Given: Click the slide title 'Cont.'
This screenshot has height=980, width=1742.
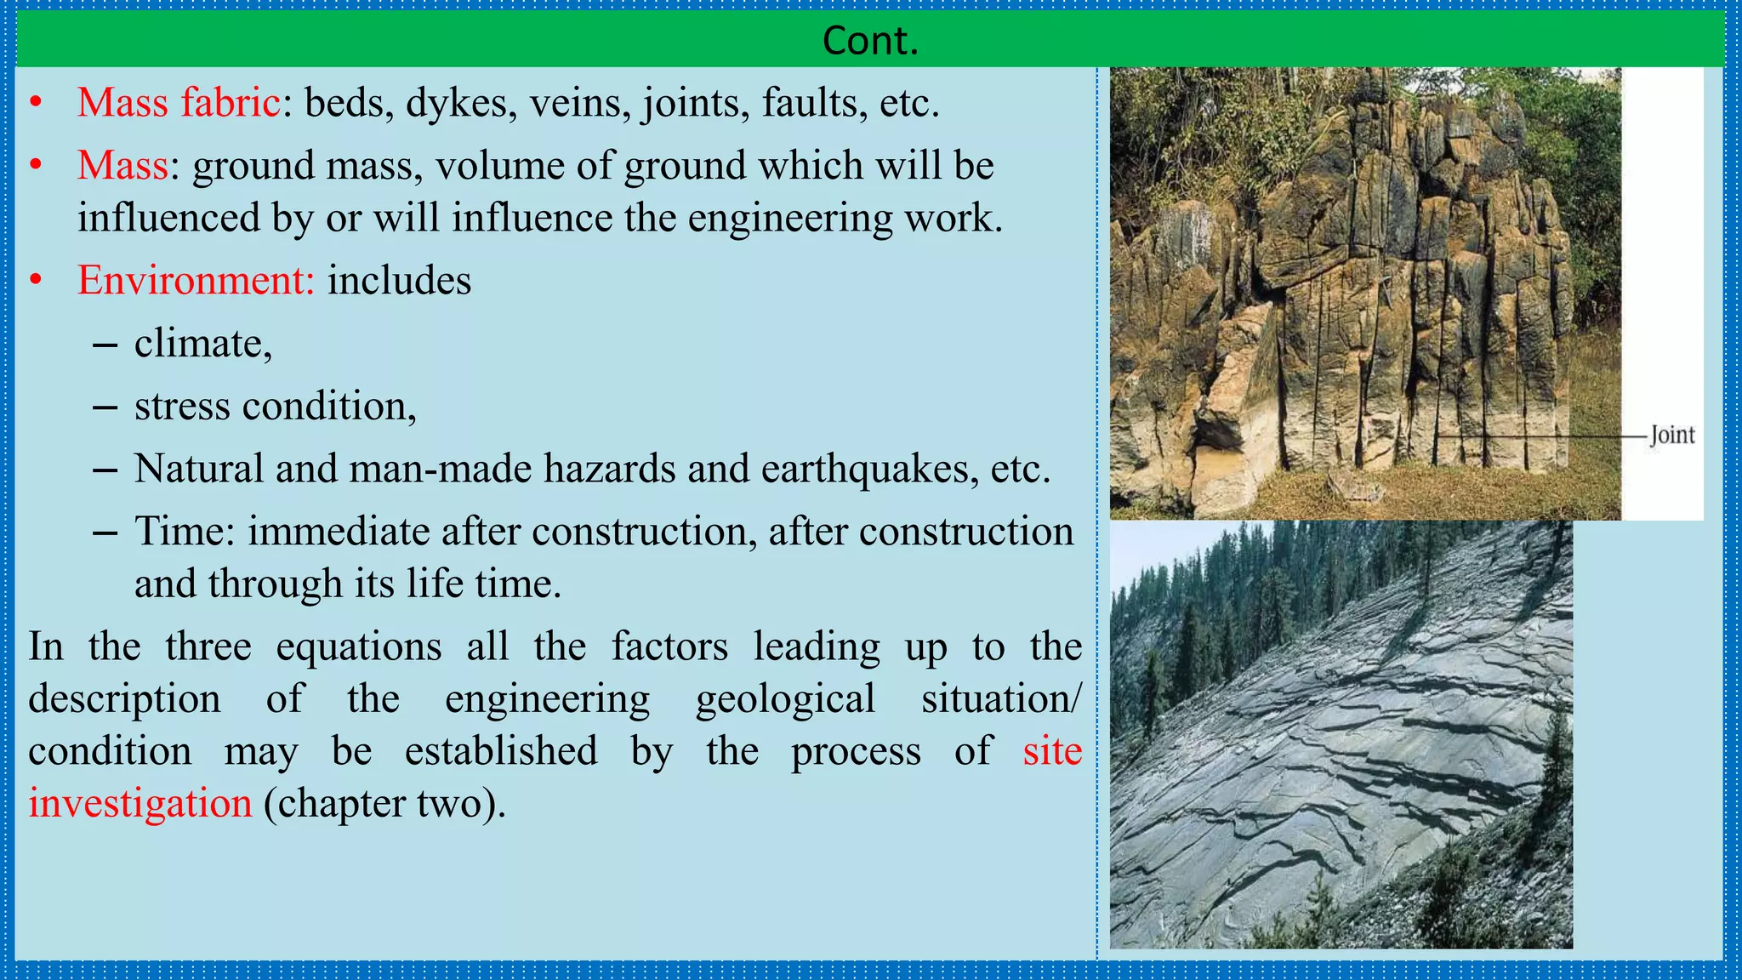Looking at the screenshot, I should (x=870, y=40).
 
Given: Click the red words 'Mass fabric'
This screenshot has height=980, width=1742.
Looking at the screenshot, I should (x=179, y=103).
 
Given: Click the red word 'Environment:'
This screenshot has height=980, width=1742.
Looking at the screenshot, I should (x=196, y=280).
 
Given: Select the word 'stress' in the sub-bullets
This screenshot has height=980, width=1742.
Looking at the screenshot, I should (x=182, y=406).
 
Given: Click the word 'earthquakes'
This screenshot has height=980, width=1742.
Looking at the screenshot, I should (x=869, y=469).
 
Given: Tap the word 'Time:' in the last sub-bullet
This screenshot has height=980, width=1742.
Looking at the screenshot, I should (x=185, y=532).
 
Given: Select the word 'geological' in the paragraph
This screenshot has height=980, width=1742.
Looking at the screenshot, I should (x=785, y=699).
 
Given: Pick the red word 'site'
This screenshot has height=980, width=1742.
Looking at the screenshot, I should (x=1051, y=751).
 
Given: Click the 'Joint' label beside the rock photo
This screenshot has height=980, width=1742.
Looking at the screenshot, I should (x=1671, y=436).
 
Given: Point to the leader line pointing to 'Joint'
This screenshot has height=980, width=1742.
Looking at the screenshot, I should (x=1540, y=436).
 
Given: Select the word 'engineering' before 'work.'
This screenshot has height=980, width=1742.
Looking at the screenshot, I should (x=790, y=218).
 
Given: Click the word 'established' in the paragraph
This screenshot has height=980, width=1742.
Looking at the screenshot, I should (x=501, y=751).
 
